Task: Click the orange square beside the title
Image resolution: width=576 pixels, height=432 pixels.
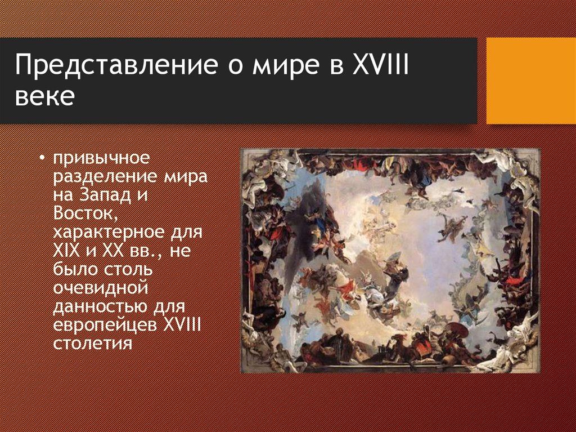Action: click(x=531, y=81)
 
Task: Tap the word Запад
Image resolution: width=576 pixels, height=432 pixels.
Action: click(x=109, y=195)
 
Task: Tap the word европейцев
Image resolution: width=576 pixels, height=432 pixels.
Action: click(x=106, y=325)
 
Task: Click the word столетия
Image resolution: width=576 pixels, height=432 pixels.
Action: click(x=93, y=343)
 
